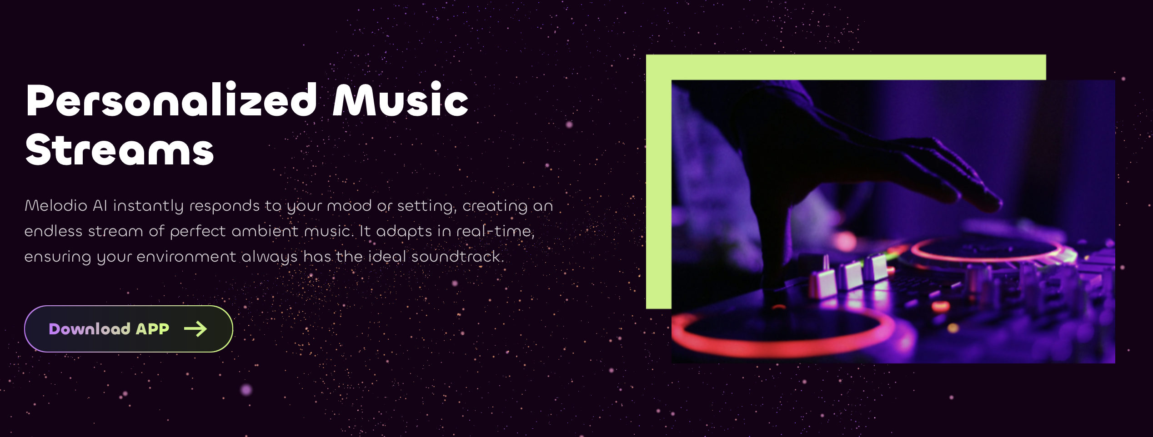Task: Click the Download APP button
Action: pos(129,329)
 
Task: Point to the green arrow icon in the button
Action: pos(196,329)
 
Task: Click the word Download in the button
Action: pos(90,328)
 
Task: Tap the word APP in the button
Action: pos(152,328)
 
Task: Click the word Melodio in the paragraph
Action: pos(56,205)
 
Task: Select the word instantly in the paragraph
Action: pos(148,206)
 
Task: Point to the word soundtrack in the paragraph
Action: pos(457,257)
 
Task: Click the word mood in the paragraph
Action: pos(349,206)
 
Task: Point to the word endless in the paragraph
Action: pos(53,231)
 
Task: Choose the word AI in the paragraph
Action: pos(100,205)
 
